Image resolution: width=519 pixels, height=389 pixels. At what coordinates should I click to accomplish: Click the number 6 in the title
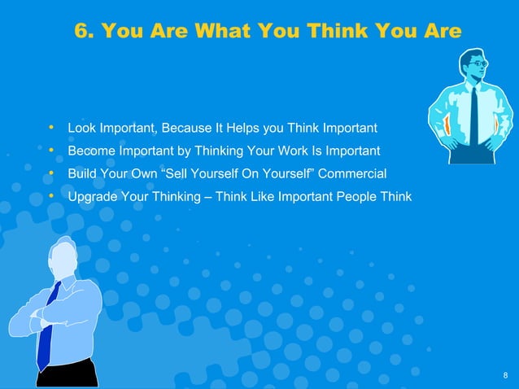click(81, 31)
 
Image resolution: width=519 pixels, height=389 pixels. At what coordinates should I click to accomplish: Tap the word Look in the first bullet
click(81, 128)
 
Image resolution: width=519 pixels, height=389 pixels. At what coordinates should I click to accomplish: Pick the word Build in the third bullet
click(81, 173)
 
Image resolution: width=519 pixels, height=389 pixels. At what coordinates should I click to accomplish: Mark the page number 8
click(505, 375)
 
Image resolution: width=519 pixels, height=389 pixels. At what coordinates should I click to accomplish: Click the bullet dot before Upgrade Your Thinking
click(52, 196)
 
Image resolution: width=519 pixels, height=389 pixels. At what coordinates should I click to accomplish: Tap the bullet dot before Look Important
click(52, 128)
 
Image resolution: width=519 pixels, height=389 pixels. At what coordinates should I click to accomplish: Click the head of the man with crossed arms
click(63, 257)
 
